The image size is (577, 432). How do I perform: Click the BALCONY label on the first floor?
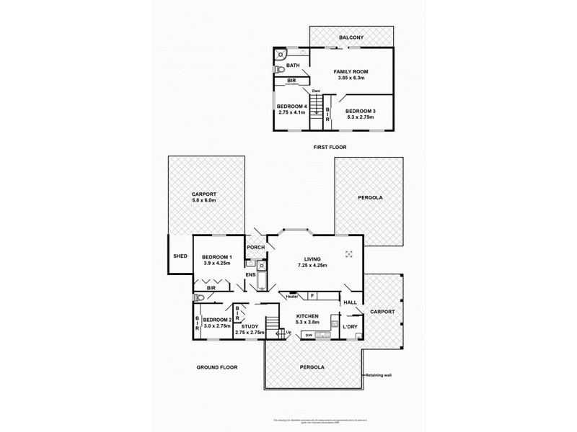click(353, 37)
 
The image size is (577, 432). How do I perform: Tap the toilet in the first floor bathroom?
click(278, 70)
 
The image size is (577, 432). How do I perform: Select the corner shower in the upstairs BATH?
click(281, 54)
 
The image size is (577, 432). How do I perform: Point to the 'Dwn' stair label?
click(316, 91)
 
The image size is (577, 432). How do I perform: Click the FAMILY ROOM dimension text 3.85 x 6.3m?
click(353, 79)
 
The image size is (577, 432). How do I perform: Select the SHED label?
click(180, 256)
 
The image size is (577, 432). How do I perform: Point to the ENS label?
click(250, 274)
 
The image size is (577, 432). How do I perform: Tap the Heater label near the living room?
click(291, 296)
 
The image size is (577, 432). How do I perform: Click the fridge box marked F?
click(312, 295)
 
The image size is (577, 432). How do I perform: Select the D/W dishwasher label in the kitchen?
click(309, 335)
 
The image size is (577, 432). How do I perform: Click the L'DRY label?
click(351, 327)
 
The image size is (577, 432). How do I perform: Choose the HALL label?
click(350, 302)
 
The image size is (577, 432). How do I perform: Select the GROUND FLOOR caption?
click(217, 366)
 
